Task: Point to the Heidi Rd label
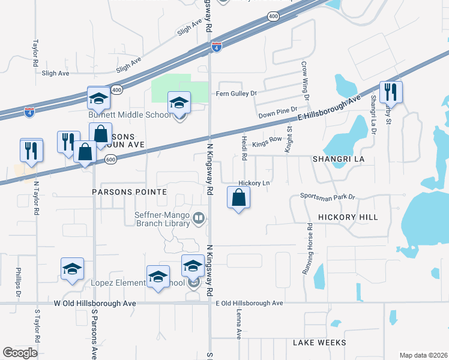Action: pos(244,147)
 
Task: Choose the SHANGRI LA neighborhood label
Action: pos(338,159)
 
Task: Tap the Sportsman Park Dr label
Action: pos(328,196)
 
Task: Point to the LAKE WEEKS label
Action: pos(319,343)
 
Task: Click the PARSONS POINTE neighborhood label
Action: pos(121,192)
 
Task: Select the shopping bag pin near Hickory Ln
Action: pos(239,197)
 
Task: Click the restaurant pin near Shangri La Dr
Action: pos(391,92)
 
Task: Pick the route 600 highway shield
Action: pos(110,160)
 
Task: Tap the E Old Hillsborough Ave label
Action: pos(249,304)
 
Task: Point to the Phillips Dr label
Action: pos(19,283)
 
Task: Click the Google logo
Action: pos(20,353)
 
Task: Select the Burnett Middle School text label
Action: pos(130,115)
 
